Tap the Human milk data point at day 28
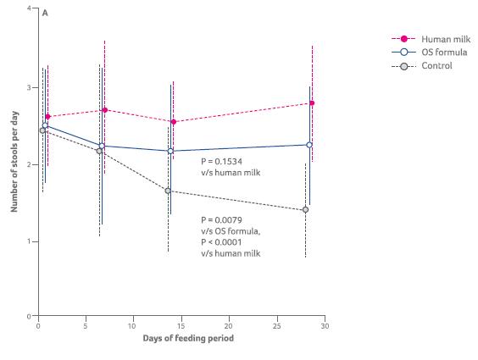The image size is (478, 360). [x=312, y=103]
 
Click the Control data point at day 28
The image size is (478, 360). [x=305, y=209]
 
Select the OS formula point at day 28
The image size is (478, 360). [x=308, y=145]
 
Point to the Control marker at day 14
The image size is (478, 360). [x=168, y=191]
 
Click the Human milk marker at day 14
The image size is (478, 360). [x=173, y=122]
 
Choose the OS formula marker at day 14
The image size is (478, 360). [x=170, y=152]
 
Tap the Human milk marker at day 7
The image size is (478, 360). [x=104, y=110]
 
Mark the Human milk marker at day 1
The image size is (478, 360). [x=47, y=117]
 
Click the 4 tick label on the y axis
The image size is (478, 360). [x=28, y=8]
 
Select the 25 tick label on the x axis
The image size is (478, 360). [x=275, y=325]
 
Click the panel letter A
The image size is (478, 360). [x=44, y=14]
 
